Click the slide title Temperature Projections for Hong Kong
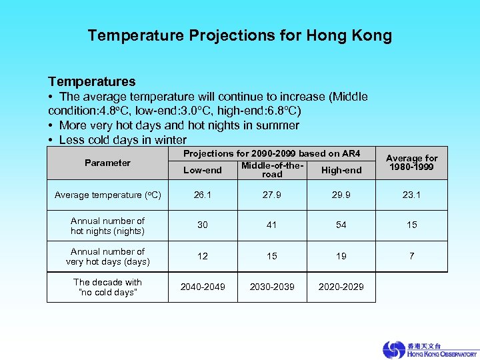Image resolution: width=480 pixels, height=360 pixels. click(x=239, y=35)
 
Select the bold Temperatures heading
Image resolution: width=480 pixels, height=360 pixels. click(x=91, y=81)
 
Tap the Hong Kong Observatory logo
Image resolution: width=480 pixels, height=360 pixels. click(x=429, y=349)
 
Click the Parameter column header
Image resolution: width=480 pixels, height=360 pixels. click(x=107, y=163)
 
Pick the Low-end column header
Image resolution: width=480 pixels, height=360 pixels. click(x=203, y=170)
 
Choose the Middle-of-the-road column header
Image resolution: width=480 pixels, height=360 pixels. click(x=272, y=169)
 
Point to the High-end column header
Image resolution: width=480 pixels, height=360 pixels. click(x=341, y=170)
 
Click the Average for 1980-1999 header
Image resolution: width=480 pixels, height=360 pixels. click(x=412, y=162)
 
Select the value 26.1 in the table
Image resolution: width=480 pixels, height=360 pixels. click(x=203, y=195)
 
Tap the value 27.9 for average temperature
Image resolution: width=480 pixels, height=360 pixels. click(x=272, y=195)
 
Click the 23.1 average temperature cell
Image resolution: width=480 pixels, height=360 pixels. click(x=412, y=195)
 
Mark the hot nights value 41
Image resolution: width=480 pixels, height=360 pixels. click(x=272, y=225)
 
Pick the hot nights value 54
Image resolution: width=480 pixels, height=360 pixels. click(x=341, y=225)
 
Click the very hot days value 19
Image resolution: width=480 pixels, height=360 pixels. click(x=341, y=256)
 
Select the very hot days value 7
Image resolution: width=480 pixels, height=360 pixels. click(x=412, y=256)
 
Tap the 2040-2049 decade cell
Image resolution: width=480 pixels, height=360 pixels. click(x=203, y=287)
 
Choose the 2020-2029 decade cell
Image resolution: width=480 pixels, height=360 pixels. click(x=341, y=287)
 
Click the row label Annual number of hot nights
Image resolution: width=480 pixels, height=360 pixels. click(x=107, y=225)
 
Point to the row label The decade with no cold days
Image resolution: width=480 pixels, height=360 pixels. click(x=107, y=287)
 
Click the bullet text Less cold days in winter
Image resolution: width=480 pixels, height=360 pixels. click(x=123, y=140)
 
